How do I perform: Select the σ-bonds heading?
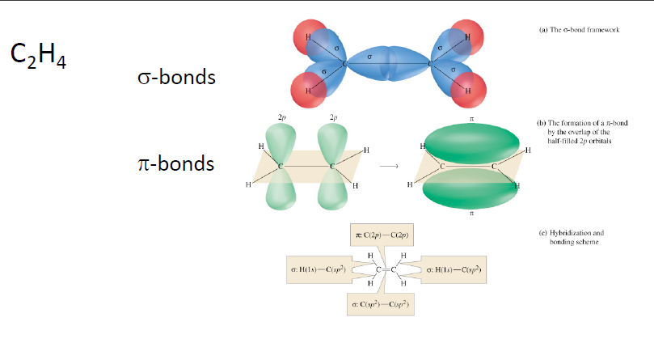[176, 78]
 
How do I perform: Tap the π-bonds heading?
[175, 164]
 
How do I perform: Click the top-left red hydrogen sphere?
[308, 37]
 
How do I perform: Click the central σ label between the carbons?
[369, 57]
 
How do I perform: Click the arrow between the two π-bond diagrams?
[390, 166]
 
